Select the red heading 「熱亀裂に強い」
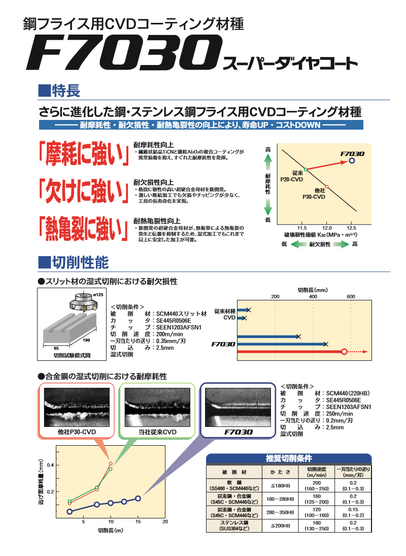[x=84, y=229]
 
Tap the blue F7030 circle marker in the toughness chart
[x=351, y=161]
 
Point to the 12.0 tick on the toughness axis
[x=327, y=228]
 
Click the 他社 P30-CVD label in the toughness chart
[x=314, y=194]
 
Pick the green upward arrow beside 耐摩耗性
[x=268, y=164]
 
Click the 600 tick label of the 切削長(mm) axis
[x=351, y=296]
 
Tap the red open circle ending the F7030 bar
[x=344, y=352]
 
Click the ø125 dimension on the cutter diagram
[x=98, y=295]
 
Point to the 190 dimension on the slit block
[x=86, y=340]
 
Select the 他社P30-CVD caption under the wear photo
[x=77, y=432]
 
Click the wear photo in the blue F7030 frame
[x=238, y=407]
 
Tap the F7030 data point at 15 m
[x=138, y=499]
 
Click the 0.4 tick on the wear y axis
[x=51, y=465]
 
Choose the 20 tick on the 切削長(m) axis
[x=165, y=521]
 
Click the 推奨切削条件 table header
[x=289, y=458]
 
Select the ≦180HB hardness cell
[x=280, y=486]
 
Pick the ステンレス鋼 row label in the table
[x=234, y=526]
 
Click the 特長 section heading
[x=59, y=91]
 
